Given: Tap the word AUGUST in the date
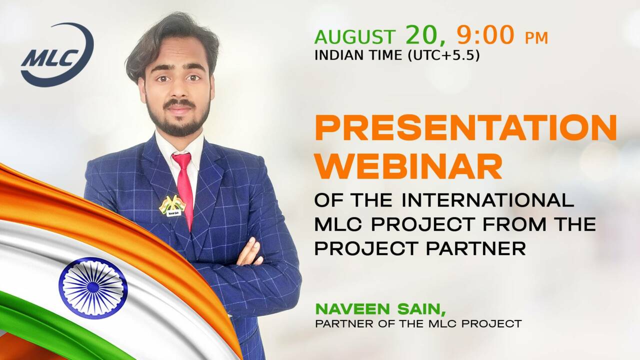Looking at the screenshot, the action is pos(355,37).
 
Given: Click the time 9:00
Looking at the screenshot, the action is pos(485,35).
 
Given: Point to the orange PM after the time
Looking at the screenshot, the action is pos(536,38).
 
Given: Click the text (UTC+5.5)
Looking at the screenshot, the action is pos(443,55).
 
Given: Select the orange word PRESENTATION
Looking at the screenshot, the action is pos(465,127).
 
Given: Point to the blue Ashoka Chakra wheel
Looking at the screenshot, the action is pos(93,288).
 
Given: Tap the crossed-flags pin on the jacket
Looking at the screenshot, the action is pos(172,205).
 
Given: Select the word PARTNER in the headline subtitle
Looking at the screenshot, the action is pos(475,248).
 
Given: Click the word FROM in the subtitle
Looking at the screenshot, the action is pos(514,224).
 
